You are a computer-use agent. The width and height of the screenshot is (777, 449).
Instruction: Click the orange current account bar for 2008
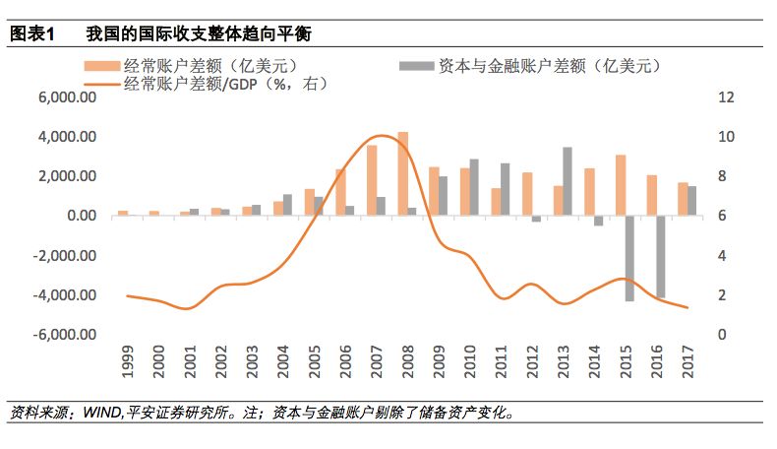[402, 173]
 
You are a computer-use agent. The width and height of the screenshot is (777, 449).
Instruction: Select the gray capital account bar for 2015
[630, 258]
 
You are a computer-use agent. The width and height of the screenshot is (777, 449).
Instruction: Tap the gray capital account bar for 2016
[661, 256]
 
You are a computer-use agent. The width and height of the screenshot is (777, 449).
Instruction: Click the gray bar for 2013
[568, 181]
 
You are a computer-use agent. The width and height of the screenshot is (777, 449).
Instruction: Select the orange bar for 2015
[621, 185]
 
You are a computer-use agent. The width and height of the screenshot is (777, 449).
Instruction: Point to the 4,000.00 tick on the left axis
[69, 137]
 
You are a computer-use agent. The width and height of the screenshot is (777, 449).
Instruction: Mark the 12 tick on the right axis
[727, 97]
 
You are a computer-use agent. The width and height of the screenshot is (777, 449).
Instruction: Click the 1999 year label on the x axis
[127, 362]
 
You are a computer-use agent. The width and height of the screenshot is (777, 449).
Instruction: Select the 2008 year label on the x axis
[402, 362]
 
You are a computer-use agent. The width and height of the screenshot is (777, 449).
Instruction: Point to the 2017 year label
[683, 362]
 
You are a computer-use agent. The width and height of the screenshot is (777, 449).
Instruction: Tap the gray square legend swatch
[416, 66]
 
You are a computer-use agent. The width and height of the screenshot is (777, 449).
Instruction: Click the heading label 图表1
[31, 33]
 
